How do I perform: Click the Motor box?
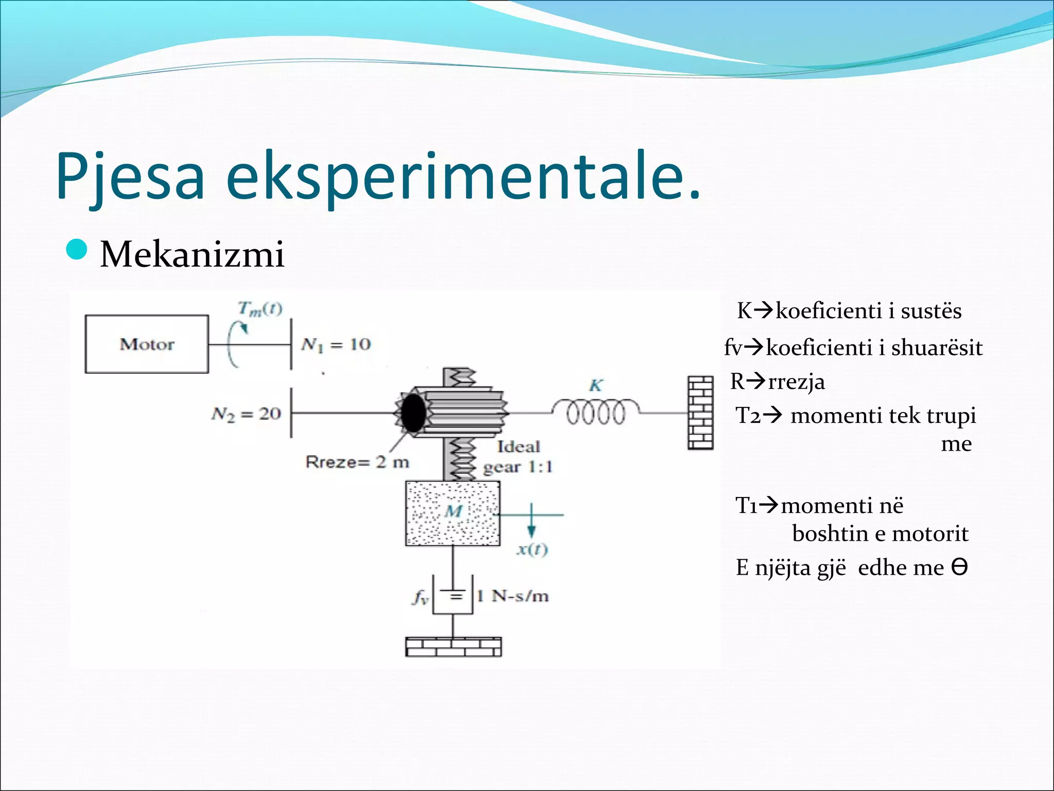click(x=147, y=344)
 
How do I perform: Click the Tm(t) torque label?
click(x=259, y=309)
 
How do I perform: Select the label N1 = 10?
click(x=336, y=344)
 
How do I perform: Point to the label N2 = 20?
click(x=246, y=414)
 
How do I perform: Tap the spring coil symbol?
click(x=596, y=412)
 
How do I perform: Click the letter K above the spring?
click(x=595, y=385)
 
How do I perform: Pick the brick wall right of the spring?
click(x=700, y=413)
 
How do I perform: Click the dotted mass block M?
click(x=452, y=513)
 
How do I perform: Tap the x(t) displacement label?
click(x=532, y=549)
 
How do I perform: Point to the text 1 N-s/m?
click(x=513, y=596)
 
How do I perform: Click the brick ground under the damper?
click(x=453, y=647)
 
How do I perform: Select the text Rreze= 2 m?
click(x=357, y=462)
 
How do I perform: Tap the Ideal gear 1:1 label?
click(x=518, y=457)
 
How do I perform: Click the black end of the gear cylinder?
click(x=413, y=412)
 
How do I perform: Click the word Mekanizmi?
click(x=192, y=254)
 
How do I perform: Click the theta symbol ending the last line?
click(x=959, y=568)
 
